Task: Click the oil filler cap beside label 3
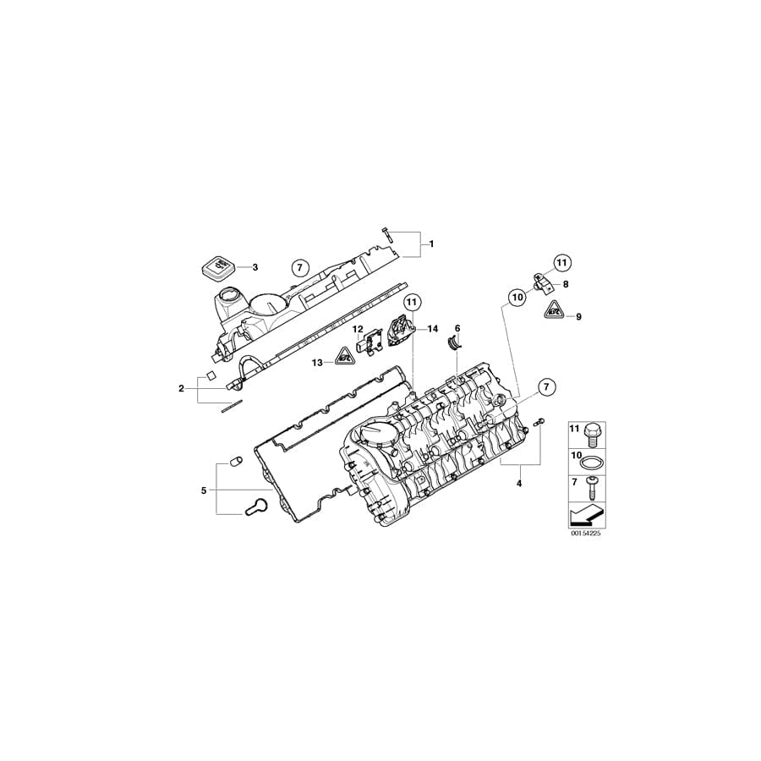216,268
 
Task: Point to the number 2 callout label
181,388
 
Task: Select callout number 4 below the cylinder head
519,483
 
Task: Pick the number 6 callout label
457,327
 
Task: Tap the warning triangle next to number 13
345,361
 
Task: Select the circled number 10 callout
517,297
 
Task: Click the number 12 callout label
358,329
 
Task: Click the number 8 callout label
565,285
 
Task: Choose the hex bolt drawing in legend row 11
591,434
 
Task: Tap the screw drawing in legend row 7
591,488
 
